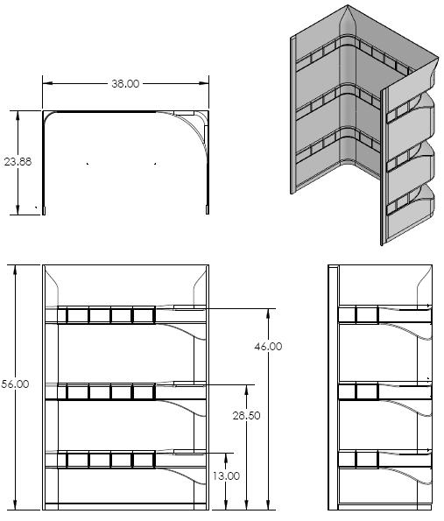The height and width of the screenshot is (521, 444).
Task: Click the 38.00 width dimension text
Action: coord(125,84)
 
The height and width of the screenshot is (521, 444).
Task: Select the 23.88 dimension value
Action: coord(18,162)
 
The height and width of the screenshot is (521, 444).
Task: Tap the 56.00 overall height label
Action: coord(15,384)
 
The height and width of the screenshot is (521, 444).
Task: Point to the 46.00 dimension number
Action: coord(268,347)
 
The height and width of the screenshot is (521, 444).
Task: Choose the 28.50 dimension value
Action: coord(246,415)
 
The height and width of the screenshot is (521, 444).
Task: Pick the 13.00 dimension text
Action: coord(226,476)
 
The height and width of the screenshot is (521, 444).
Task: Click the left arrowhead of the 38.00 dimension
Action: coord(48,83)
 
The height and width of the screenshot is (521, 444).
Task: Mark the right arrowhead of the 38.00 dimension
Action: coord(203,83)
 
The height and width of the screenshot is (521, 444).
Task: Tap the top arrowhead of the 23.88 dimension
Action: coord(18,116)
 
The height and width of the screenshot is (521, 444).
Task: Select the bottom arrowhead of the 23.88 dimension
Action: coord(18,209)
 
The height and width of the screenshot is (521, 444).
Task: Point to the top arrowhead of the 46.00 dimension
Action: coord(268,314)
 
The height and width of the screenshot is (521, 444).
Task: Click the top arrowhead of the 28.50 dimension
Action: coord(246,391)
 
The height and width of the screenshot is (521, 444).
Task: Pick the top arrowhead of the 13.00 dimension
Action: coord(226,458)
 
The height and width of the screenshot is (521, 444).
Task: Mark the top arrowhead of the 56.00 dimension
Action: coord(15,271)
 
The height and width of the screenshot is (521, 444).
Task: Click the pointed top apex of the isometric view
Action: coord(348,5)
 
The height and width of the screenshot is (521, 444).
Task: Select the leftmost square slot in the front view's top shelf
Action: coord(78,315)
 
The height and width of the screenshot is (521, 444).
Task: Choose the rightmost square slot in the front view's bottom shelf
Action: coord(144,461)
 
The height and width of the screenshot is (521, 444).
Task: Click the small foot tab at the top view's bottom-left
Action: coord(44,210)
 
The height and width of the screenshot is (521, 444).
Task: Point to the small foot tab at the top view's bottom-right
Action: coord(208,210)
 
